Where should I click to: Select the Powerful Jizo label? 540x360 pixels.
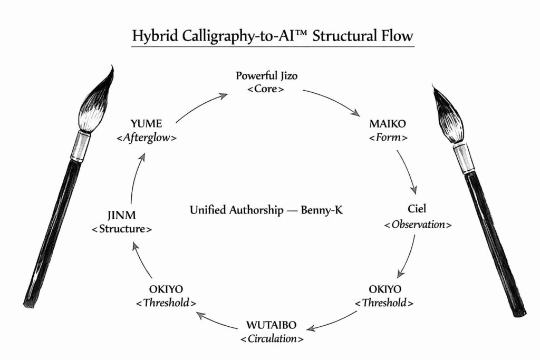click(x=266, y=76)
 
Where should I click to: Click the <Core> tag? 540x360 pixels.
click(x=266, y=89)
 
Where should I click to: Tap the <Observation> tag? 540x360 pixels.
click(x=418, y=225)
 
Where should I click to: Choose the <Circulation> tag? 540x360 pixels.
click(x=272, y=338)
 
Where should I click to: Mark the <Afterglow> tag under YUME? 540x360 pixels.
click(x=147, y=138)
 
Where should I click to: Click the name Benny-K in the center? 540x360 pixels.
click(x=323, y=210)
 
